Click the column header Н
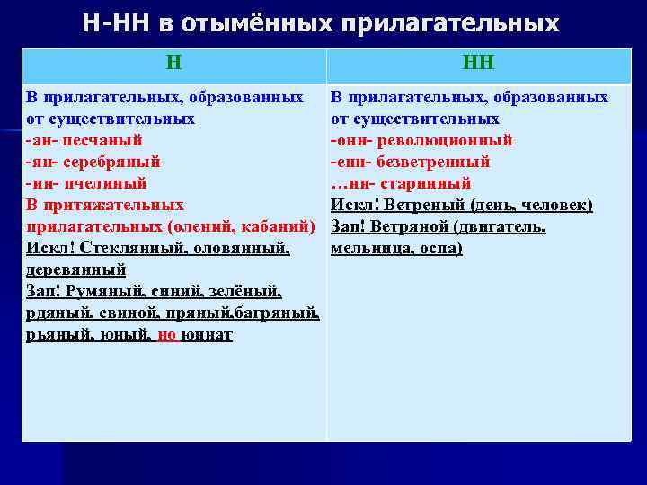click(173, 63)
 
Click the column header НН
click(478, 63)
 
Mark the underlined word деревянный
click(75, 269)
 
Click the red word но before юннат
click(166, 334)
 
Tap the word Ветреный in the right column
click(421, 205)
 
